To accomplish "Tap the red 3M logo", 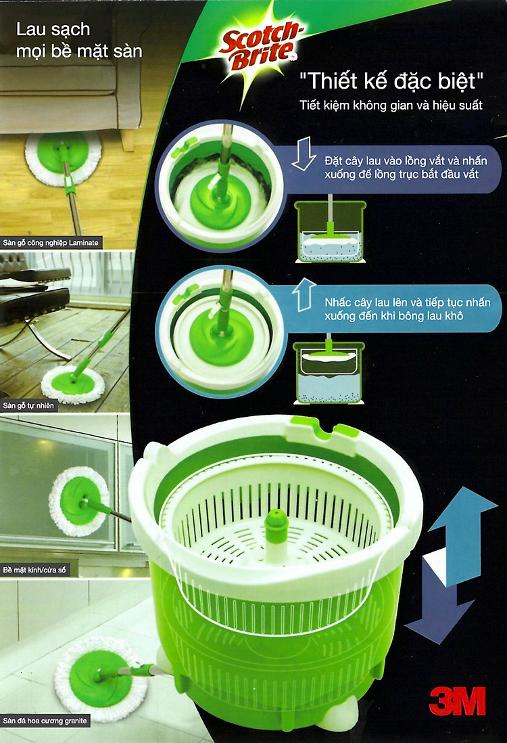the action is click(x=457, y=700).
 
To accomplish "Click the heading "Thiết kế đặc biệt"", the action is click(x=391, y=81).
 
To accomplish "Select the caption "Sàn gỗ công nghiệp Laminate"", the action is click(x=51, y=243).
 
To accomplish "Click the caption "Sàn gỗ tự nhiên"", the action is click(x=28, y=405).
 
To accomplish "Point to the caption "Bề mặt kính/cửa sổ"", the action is click(x=34, y=570).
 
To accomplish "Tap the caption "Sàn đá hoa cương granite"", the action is click(x=45, y=721).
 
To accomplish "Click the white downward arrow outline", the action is click(x=304, y=153).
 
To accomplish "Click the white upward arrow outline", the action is click(x=304, y=295).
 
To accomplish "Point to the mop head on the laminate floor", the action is click(x=63, y=158).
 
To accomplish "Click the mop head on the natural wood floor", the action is click(x=72, y=384).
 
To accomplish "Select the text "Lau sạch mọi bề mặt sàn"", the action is click(x=79, y=41).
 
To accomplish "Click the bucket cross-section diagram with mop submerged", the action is click(x=330, y=230).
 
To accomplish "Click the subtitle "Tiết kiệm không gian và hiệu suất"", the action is click(x=391, y=105).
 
